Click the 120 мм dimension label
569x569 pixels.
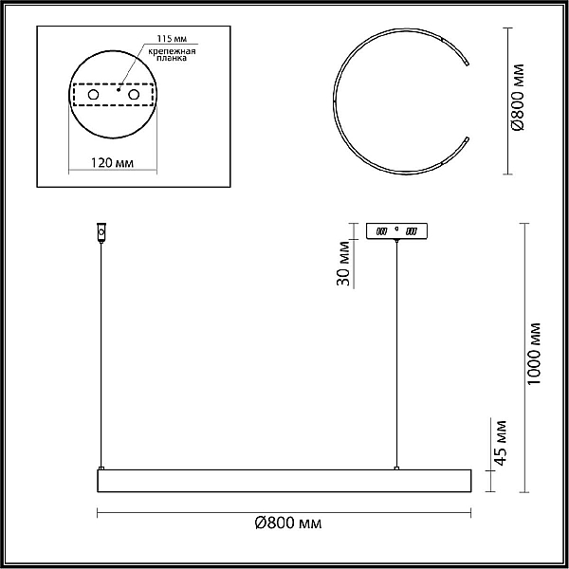coord(112,163)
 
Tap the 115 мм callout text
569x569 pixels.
coord(172,39)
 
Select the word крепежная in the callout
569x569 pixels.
coord(172,51)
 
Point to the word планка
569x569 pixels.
coord(172,58)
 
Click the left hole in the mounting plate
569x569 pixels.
coord(93,95)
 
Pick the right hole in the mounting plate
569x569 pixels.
coord(134,95)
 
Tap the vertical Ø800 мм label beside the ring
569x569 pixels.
coord(518,98)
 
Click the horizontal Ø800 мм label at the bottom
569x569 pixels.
coord(288,523)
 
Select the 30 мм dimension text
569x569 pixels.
coord(343,263)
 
